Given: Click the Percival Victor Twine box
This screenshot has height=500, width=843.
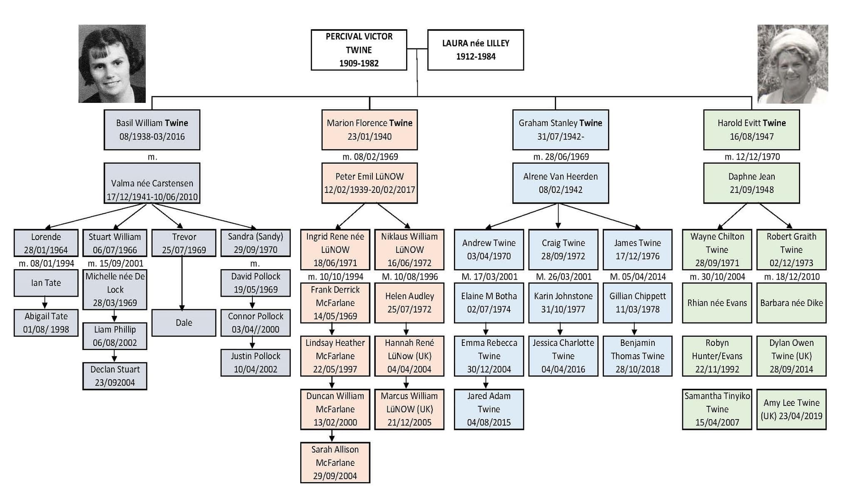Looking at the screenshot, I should tap(359, 50).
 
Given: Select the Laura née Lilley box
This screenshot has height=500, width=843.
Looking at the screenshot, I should tap(475, 50).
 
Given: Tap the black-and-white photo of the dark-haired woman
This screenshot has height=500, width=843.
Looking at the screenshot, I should tap(112, 64).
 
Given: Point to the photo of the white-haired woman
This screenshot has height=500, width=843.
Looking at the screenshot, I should tap(792, 64).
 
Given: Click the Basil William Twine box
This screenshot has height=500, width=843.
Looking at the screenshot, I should tap(152, 130).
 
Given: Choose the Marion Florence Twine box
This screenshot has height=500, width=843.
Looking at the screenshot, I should tap(369, 130).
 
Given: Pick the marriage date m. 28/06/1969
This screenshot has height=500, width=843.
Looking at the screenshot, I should tap(561, 157).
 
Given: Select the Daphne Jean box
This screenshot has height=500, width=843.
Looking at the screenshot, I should tap(751, 183).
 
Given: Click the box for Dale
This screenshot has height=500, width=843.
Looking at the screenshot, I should tap(184, 322).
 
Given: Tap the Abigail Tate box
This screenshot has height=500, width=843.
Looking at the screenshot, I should tap(46, 322).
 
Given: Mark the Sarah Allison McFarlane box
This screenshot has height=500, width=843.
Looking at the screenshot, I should tap(335, 462).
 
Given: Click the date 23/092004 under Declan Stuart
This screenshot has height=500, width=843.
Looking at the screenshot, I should tap(115, 382).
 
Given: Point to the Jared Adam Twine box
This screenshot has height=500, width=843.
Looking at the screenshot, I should tap(489, 409).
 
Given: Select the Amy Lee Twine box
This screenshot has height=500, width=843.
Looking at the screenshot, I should tap(791, 409).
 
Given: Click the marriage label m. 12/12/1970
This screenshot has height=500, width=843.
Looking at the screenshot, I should tap(752, 157).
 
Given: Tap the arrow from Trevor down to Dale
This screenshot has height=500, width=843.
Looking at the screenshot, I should tap(182, 283).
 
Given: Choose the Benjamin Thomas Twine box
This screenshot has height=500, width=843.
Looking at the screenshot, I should tap(637, 356).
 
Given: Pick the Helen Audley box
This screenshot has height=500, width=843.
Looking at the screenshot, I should tap(409, 302).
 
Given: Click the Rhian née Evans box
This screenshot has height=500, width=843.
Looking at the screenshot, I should tap(717, 302).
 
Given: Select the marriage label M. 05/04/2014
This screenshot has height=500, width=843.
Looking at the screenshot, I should tap(637, 277).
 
